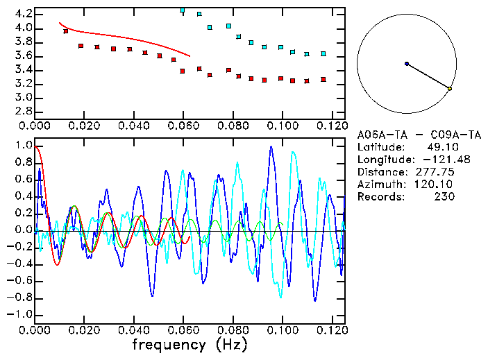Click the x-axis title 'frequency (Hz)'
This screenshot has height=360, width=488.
(x=189, y=344)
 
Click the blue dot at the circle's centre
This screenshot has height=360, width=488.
(x=407, y=64)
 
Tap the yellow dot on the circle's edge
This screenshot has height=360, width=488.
(x=450, y=89)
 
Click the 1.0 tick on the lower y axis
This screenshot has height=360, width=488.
(x=23, y=146)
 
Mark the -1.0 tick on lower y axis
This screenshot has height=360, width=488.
(x=21, y=314)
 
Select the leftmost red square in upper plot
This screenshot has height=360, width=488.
(x=66, y=31)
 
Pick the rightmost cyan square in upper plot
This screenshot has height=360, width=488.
(x=323, y=53)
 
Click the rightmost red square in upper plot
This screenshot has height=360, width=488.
(x=323, y=80)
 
